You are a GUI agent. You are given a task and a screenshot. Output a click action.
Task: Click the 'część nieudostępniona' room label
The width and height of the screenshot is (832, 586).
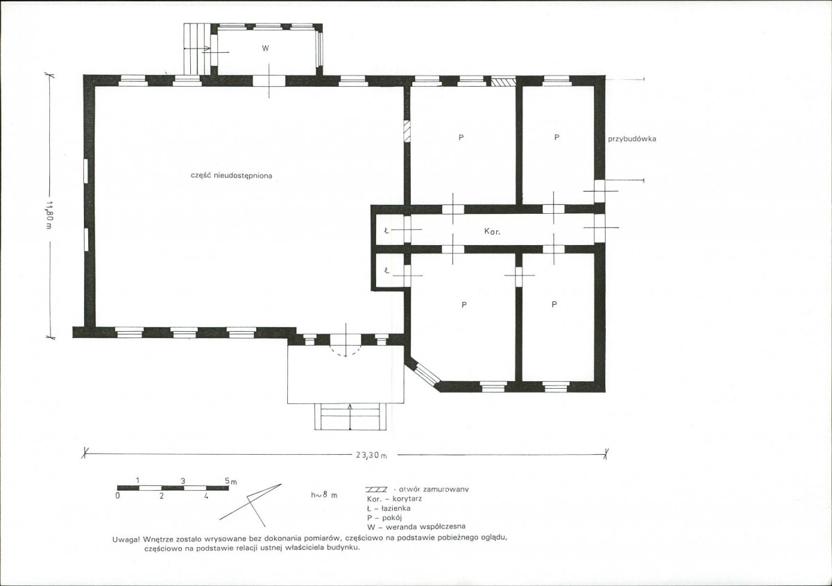(x=231, y=176)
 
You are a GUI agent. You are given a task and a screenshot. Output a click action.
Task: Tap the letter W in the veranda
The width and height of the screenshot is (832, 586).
(x=265, y=49)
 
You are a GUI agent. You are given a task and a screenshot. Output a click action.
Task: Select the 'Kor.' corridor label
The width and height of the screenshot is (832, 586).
(x=492, y=232)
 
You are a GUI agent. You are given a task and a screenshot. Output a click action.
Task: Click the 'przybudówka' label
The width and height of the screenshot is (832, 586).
(x=632, y=139)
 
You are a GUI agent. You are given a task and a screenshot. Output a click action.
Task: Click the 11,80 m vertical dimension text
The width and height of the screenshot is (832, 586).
(x=49, y=215)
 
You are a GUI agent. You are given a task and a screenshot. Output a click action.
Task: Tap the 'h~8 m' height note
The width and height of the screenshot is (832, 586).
(x=323, y=495)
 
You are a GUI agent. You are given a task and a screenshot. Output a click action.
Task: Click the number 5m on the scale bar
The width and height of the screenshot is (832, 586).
(x=230, y=481)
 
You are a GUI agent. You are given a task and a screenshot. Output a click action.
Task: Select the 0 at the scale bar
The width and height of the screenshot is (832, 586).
(x=119, y=496)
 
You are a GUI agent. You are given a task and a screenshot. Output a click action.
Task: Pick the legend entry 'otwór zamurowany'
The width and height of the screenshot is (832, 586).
(x=417, y=489)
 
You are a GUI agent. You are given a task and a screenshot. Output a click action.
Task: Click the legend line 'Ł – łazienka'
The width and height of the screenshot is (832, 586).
(x=389, y=508)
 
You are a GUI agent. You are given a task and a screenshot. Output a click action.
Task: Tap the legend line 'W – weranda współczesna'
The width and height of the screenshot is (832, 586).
(x=416, y=526)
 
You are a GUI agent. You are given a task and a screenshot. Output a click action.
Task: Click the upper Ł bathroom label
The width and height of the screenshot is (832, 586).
(x=387, y=231)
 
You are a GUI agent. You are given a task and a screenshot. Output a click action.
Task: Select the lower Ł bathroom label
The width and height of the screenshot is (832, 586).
(x=387, y=271)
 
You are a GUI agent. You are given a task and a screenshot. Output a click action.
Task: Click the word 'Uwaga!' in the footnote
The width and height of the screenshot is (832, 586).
(x=126, y=539)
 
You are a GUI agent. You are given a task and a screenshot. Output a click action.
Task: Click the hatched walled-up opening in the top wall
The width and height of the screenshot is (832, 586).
(x=502, y=82)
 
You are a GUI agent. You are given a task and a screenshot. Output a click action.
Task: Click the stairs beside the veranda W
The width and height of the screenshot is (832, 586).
(x=197, y=49)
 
